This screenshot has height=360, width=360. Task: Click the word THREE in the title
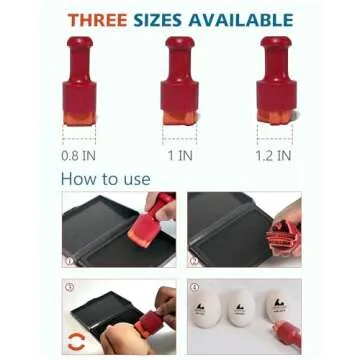(97, 20)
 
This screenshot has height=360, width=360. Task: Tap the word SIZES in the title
(158, 20)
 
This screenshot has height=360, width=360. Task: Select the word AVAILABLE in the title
(241, 20)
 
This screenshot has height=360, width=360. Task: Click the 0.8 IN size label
(78, 156)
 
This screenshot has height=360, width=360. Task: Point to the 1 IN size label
(180, 155)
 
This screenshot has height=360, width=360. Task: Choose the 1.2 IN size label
(274, 156)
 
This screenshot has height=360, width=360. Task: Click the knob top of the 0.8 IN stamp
(80, 42)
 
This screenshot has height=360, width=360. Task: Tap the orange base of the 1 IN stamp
(180, 118)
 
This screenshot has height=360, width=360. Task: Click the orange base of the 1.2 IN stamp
(275, 117)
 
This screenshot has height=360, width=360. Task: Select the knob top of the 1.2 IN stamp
(276, 42)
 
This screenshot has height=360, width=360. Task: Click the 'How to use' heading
(106, 179)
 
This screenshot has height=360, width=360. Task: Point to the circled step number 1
(69, 261)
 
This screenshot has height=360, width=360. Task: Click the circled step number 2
(194, 261)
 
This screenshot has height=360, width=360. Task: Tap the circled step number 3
(70, 287)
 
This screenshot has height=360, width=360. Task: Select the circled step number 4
(195, 287)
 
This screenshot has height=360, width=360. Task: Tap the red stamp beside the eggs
(288, 334)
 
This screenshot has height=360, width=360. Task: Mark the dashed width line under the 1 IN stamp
(180, 139)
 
